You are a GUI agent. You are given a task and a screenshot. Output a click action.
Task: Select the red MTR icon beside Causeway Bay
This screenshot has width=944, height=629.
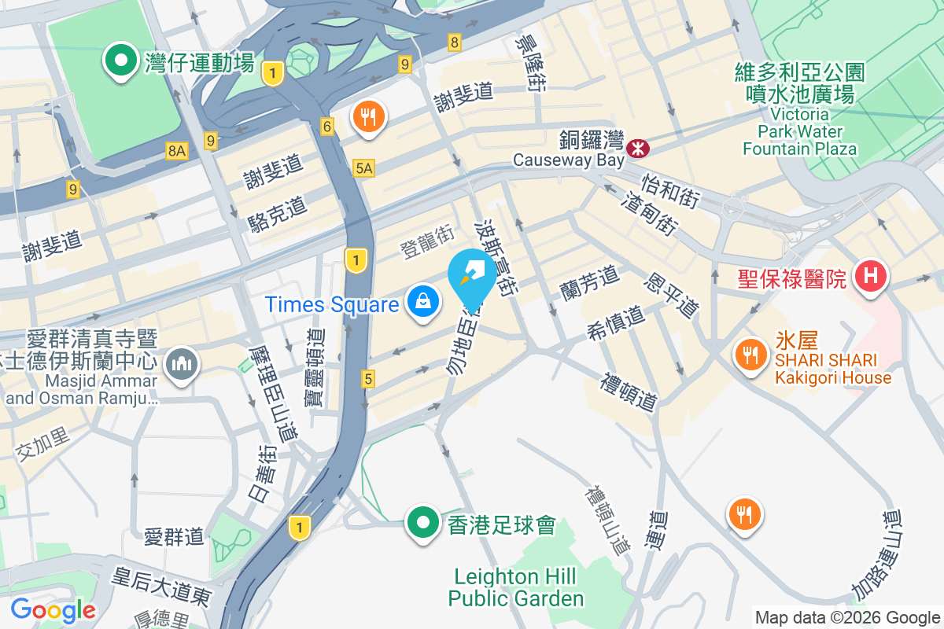[x=637, y=145]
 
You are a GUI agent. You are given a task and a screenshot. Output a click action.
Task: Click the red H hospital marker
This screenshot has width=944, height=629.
[x=870, y=277]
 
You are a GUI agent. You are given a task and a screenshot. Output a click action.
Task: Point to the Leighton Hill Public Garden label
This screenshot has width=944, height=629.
[x=516, y=587]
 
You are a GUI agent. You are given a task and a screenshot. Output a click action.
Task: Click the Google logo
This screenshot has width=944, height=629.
[x=53, y=610]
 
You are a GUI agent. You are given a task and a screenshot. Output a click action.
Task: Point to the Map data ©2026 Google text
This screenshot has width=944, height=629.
[x=847, y=618]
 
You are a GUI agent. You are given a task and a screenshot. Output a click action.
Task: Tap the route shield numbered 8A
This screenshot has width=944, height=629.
[x=177, y=150]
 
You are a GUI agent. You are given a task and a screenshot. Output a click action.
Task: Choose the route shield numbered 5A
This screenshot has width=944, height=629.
[x=363, y=167]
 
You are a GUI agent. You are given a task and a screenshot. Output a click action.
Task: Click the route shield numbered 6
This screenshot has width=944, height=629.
[x=327, y=125]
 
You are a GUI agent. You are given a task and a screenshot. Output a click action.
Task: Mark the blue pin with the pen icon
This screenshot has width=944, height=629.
[x=472, y=274]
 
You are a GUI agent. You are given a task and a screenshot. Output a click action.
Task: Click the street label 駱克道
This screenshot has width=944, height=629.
[x=277, y=213]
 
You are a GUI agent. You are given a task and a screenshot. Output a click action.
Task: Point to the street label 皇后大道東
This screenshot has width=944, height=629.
[x=161, y=586]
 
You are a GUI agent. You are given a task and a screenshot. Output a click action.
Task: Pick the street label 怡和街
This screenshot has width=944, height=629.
[x=670, y=191]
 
